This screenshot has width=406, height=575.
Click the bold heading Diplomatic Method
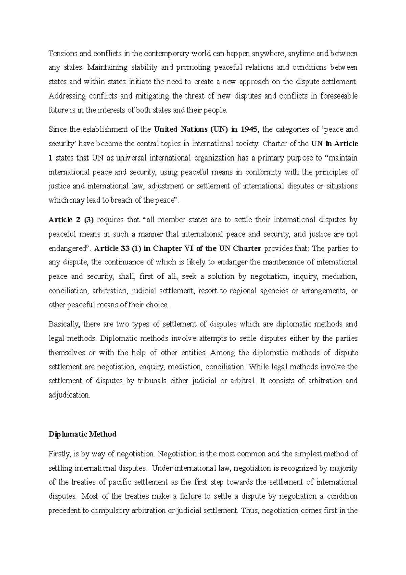click(82, 434)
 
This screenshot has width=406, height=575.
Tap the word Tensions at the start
click(62, 54)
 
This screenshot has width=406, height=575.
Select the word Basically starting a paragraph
click(64, 324)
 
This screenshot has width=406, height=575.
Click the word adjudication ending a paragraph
click(69, 395)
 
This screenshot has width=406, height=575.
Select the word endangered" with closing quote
click(69, 248)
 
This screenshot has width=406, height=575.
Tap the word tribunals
click(152, 381)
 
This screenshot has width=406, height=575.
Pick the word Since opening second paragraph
click(58, 129)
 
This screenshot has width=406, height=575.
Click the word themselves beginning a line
click(67, 353)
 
